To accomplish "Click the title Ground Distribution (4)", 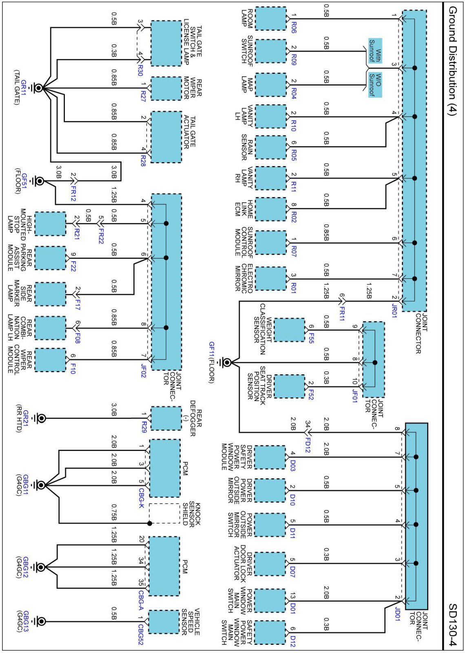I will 452,61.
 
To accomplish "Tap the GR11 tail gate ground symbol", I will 39,88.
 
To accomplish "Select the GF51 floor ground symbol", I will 40,181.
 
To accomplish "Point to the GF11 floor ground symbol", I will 226,362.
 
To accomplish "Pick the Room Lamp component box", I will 270,19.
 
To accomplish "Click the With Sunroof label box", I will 375,51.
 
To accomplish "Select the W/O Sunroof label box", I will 375,85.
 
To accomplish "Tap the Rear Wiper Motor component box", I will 166,88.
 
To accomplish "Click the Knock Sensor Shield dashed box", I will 164,513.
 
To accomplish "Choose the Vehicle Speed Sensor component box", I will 164,622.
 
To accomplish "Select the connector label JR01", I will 394,310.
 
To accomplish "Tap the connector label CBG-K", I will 141,498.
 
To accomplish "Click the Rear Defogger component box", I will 166,418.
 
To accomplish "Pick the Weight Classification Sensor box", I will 289,330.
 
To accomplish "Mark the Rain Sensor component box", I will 270,147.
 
